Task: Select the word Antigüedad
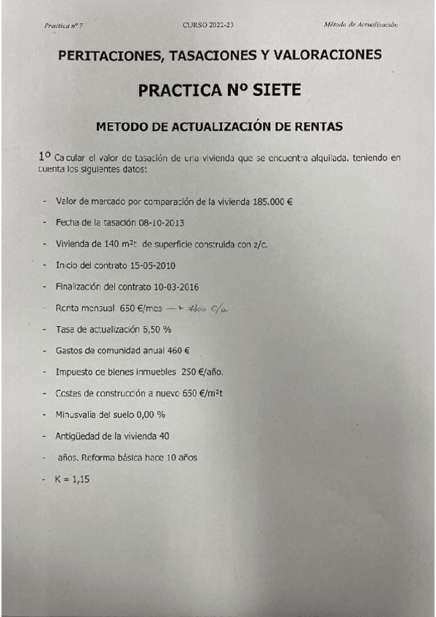pyautogui.click(x=77, y=437)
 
